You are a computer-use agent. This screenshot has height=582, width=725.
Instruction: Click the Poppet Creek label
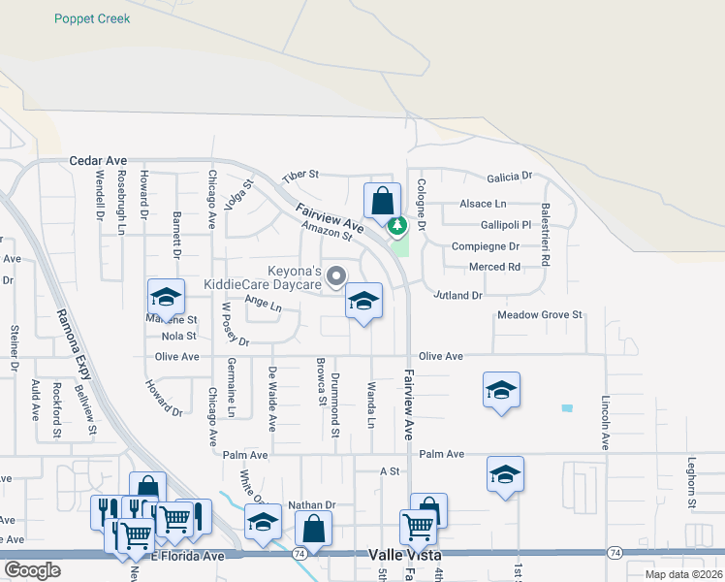92,18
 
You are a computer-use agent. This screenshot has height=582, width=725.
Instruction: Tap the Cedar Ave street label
98,160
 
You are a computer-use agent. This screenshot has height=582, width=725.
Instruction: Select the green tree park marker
396,226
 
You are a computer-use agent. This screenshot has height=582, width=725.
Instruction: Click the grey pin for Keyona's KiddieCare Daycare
336,277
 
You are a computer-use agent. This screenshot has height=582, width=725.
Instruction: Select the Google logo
32,570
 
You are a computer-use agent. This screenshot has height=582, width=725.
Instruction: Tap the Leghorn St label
691,484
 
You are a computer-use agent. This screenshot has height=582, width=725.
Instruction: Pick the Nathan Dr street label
311,505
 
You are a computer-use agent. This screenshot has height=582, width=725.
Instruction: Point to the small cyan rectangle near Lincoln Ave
566,408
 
